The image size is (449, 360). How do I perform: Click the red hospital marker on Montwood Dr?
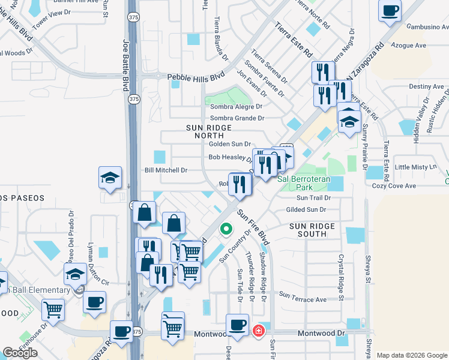[x=259, y=331]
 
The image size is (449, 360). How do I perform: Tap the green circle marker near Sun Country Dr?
[x=226, y=229]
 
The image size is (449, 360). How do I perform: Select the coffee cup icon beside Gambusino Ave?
[x=390, y=11]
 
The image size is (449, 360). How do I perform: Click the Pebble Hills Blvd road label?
[x=195, y=77]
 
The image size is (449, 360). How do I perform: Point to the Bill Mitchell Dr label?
[x=166, y=170]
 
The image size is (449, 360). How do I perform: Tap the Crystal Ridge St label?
[x=340, y=277]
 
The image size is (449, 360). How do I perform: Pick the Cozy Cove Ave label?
[x=411, y=186]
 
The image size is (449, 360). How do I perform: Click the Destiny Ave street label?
[x=426, y=86]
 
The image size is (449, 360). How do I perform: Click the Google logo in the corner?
[x=20, y=353]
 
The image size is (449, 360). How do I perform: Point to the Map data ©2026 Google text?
[x=411, y=355]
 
